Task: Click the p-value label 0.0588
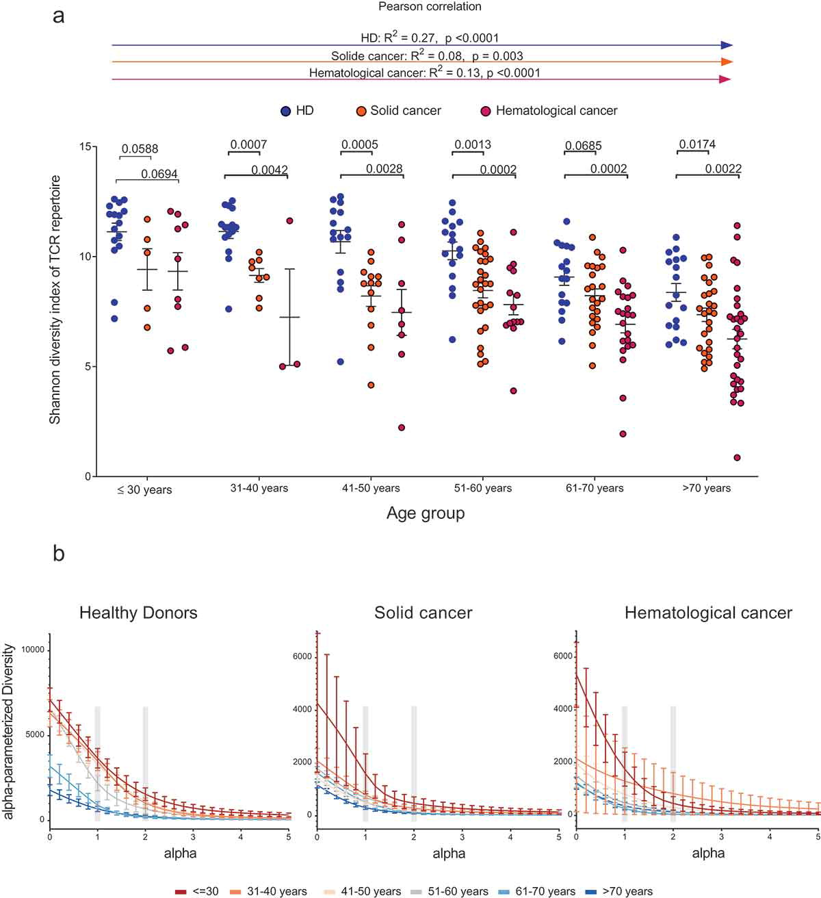coord(140,149)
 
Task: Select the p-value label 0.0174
coord(697,144)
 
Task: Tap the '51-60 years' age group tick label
coord(483,489)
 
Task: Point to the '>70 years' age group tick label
coord(706,489)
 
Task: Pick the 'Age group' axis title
coord(426,513)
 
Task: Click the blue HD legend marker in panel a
coord(286,111)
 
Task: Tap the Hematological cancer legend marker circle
coord(486,111)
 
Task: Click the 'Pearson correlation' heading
coord(430,7)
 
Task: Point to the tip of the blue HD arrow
coord(731,45)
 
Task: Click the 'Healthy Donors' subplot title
coord(138,613)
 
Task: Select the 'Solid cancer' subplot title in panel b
coord(423,613)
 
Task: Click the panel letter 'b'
coord(59,553)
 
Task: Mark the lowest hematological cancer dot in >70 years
coord(738,458)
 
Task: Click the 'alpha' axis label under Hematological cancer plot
coord(708,854)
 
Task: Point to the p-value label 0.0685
coord(582,146)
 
